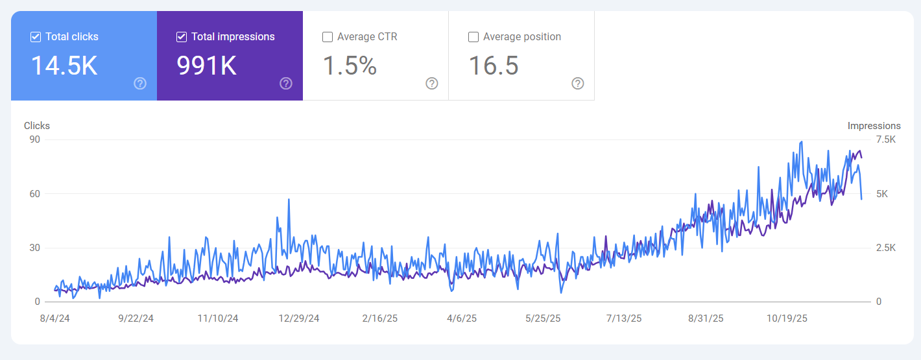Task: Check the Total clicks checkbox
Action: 36,37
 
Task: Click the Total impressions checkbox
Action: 182,37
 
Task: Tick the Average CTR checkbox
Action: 328,37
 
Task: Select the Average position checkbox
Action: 473,37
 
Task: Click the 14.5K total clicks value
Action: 64,66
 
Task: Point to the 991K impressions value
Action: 207,66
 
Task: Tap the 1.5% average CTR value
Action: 350,66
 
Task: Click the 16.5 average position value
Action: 493,66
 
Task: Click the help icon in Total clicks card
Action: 140,83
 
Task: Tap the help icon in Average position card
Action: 578,83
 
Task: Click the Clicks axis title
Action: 37,126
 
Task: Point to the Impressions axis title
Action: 874,126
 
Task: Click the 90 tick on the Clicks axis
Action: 34,139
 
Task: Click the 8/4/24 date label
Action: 55,318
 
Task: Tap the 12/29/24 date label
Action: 299,318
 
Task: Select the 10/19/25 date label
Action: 787,318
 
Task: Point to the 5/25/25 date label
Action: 543,318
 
